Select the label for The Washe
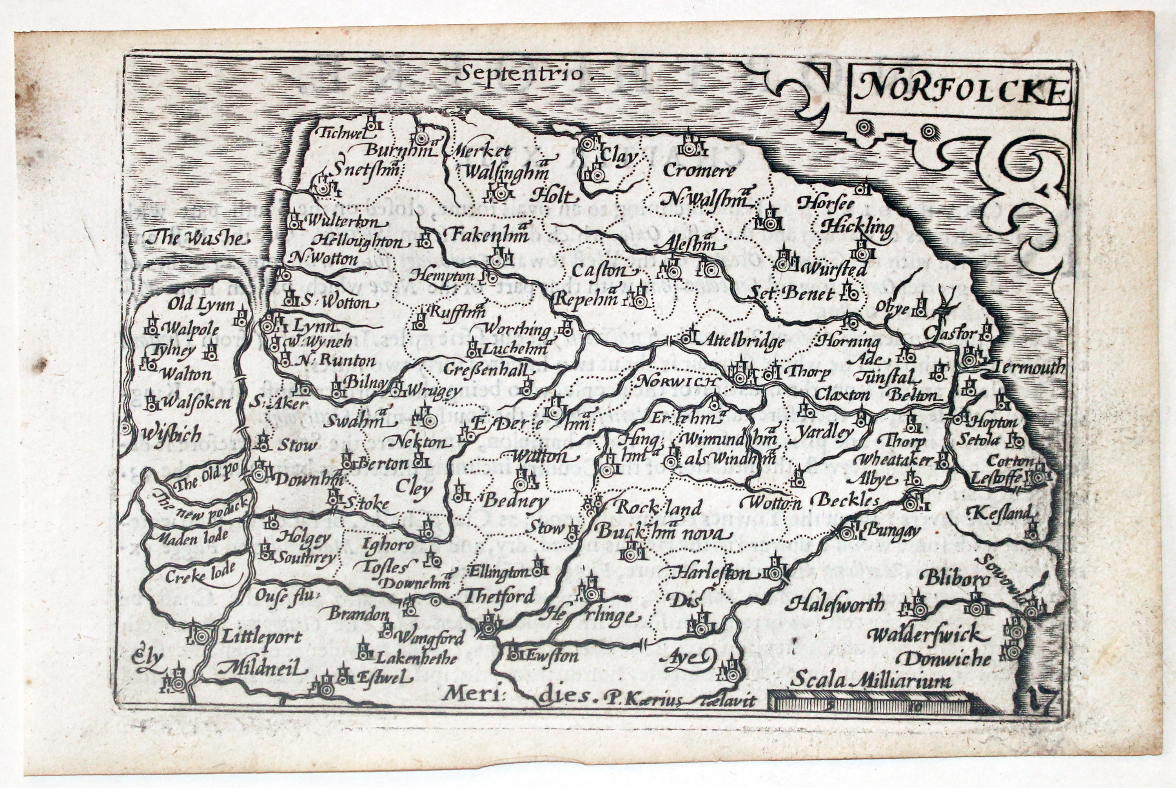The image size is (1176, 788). pos(196,238)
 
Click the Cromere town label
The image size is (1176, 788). pos(699,171)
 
